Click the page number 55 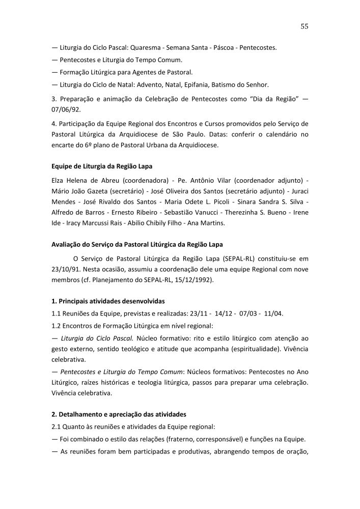pyautogui.click(x=304, y=26)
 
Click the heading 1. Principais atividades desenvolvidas pyautogui.click(x=108, y=301)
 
